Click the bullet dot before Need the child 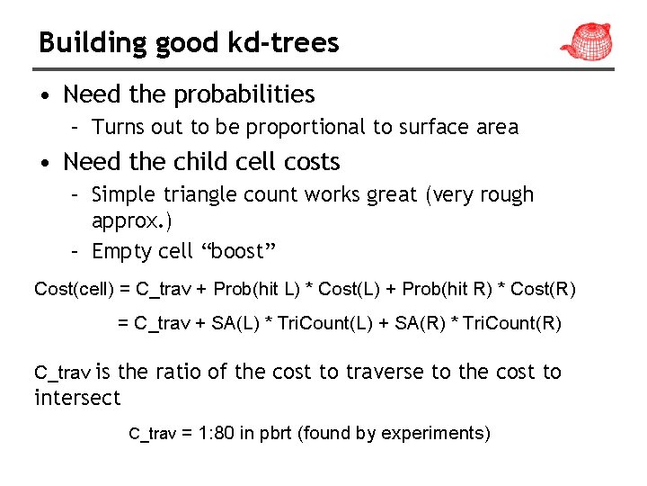pos(45,162)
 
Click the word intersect pos(77,397)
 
